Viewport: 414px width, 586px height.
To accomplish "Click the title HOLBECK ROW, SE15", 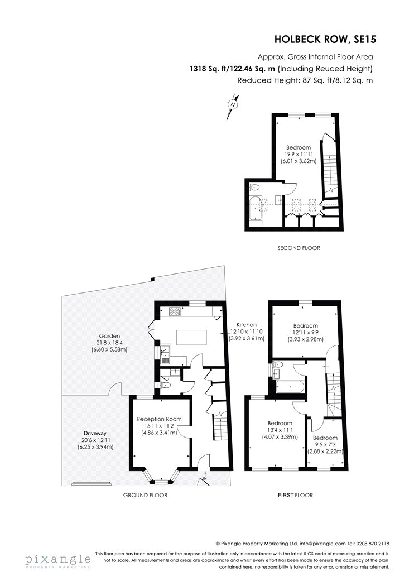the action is coord(325,39).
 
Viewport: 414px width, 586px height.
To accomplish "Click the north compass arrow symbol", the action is coord(233,108).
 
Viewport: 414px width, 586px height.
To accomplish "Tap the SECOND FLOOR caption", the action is coord(299,248).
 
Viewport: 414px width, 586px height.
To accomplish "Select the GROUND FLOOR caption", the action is coord(146,495).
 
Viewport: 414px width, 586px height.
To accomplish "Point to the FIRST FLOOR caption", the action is coord(295,495).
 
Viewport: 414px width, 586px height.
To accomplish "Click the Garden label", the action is coord(109,336).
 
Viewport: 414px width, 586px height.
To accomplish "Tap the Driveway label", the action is coord(95,434).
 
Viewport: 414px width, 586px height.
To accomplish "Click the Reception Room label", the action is coord(159,419).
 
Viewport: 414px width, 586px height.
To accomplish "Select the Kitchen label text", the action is coord(246,325).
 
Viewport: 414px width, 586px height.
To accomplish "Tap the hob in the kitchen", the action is coord(175,310).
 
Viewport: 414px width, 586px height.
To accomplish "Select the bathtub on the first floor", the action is coord(290,387).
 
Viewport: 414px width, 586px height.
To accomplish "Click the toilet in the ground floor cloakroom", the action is coord(166,385).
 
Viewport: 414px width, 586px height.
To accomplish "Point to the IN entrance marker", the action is coord(205,479).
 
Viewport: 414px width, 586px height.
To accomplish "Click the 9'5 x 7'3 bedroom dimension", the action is coord(325,445).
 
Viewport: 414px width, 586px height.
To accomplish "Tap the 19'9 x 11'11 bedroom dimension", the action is coord(299,154).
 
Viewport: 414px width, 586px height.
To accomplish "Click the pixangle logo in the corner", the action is coord(58,560).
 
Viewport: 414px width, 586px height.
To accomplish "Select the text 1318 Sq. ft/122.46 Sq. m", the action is coord(233,69).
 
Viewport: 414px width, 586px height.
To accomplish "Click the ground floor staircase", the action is coord(219,425).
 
